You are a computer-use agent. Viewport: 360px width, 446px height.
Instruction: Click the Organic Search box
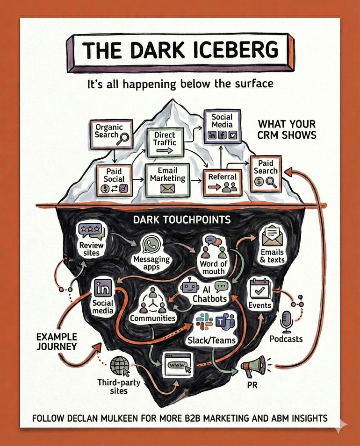(111, 134)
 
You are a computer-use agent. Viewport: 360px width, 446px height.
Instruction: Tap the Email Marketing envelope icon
(167, 188)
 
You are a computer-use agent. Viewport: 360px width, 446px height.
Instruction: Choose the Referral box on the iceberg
(222, 182)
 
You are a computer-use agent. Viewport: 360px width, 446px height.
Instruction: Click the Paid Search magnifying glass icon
(271, 183)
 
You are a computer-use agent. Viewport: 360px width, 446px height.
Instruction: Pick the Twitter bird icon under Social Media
(233, 135)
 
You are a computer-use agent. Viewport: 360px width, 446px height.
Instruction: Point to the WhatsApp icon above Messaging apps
(151, 245)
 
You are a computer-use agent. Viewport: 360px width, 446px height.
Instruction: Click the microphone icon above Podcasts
(286, 322)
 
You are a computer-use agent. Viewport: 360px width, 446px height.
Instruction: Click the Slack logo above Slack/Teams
(204, 321)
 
